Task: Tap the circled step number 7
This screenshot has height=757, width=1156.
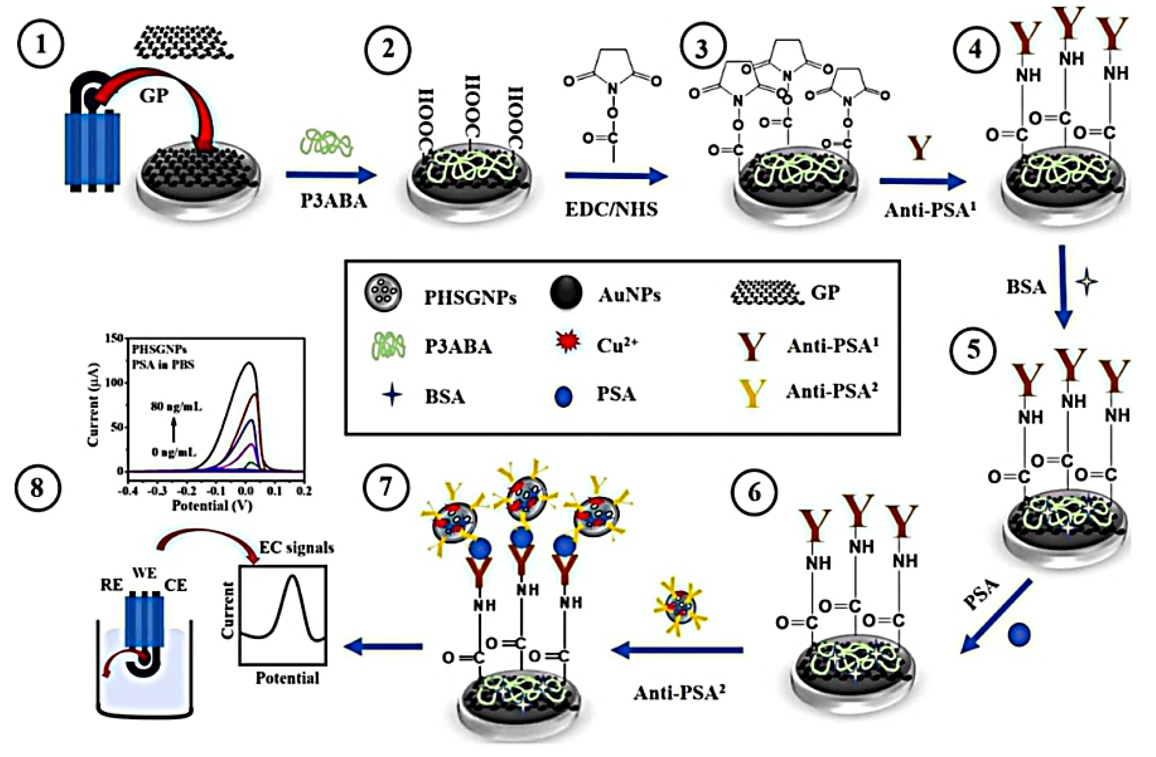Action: click(x=385, y=487)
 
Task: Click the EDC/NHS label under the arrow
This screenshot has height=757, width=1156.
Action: click(x=611, y=209)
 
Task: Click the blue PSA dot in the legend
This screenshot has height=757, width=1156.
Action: click(x=564, y=396)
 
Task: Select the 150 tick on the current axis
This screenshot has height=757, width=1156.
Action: click(x=115, y=338)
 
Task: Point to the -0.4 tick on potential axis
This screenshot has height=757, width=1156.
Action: click(x=128, y=491)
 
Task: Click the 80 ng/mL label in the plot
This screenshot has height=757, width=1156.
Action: click(x=176, y=406)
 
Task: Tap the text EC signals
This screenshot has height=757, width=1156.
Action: click(x=297, y=548)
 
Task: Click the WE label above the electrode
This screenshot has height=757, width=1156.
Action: click(x=145, y=573)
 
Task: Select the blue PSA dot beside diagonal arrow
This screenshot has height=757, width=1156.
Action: click(x=1019, y=635)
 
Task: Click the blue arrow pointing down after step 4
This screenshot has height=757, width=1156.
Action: click(x=1063, y=287)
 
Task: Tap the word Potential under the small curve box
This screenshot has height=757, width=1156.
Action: click(x=287, y=678)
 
